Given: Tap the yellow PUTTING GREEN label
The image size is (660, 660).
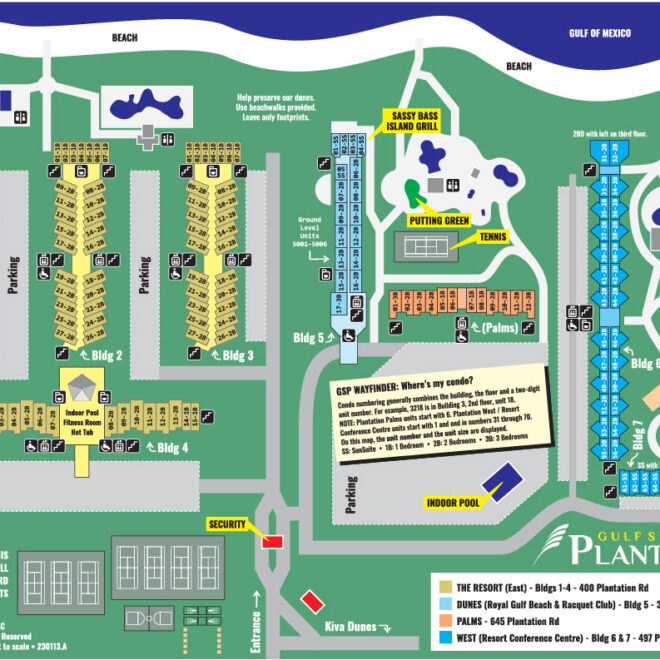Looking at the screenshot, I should tap(437, 220).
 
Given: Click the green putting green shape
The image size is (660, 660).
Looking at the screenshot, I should tap(411, 193).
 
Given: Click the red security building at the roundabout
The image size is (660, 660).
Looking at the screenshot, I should tap(272, 541).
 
